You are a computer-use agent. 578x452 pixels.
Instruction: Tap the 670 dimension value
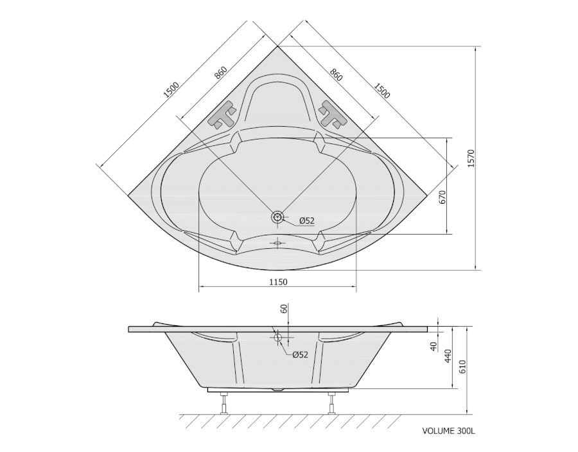click(442, 197)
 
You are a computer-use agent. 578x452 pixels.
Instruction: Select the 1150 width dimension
click(278, 282)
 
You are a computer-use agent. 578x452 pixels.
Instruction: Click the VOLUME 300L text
click(449, 431)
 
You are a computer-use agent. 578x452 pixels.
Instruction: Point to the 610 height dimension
click(462, 366)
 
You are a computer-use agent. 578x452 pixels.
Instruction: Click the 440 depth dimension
click(447, 356)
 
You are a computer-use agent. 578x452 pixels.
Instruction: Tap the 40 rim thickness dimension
click(433, 346)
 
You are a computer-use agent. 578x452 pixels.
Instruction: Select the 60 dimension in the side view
click(284, 309)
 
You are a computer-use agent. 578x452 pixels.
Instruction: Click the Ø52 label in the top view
click(307, 221)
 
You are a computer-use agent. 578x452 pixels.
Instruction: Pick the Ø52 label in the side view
click(300, 355)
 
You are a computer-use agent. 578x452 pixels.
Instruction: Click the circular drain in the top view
click(277, 217)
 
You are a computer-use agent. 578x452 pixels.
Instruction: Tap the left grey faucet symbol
click(222, 114)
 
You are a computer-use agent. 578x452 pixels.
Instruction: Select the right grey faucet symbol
click(333, 114)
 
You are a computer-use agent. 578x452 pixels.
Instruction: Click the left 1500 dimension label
click(171, 90)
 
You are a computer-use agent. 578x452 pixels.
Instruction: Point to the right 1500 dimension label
click(382, 91)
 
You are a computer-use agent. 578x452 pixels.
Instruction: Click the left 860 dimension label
click(220, 73)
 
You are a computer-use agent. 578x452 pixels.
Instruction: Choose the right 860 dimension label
click(336, 75)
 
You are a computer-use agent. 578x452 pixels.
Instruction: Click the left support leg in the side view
click(223, 403)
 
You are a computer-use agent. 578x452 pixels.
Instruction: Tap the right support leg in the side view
click(331, 403)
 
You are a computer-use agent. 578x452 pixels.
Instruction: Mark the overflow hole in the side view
click(278, 337)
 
